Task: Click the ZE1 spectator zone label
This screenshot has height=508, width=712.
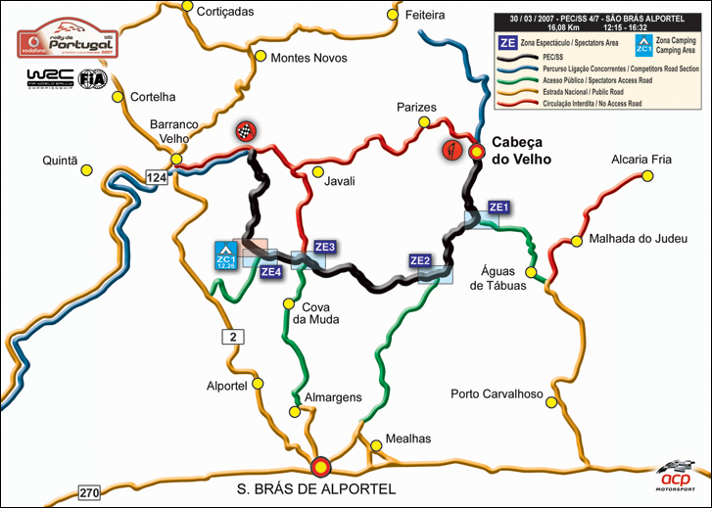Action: pos(498,208)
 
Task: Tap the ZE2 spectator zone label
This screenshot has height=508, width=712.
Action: pos(420,260)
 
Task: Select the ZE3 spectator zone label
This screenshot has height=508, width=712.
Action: pos(325,247)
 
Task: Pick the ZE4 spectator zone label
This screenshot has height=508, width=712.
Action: pos(271,271)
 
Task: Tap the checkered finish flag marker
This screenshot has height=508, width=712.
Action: pos(245,133)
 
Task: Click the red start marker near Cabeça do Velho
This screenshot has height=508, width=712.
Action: pos(451,151)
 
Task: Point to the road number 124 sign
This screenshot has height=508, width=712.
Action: pos(157,177)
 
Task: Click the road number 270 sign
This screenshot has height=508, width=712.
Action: pos(90,492)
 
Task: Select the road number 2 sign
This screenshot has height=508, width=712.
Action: pos(231,338)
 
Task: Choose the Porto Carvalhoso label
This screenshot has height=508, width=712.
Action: pos(497,394)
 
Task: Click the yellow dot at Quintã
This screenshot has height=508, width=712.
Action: pos(87,170)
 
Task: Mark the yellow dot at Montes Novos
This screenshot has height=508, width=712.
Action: pos(261,56)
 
